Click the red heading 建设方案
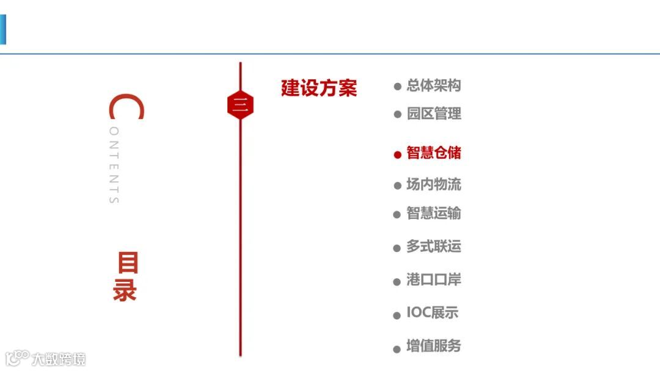coord(318,88)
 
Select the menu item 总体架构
coord(433,85)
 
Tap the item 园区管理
coord(433,113)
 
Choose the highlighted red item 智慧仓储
coord(433,153)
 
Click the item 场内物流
coord(433,184)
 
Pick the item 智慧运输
coord(433,214)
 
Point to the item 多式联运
coord(433,247)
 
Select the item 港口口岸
coord(433,280)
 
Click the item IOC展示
coord(432,313)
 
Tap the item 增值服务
coord(433,347)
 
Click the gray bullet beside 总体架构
coord(397,87)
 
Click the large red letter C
coord(126,108)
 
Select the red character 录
coord(125,291)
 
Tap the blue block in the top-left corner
coord(2,29)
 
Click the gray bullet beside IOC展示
coord(397,315)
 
